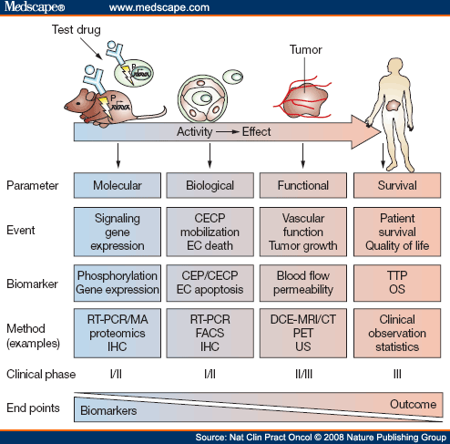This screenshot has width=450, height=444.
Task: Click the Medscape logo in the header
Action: [x=34, y=8]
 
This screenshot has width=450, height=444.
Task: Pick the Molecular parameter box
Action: [x=117, y=185]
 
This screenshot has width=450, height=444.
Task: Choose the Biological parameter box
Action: [x=210, y=185]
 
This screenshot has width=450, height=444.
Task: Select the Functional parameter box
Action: [x=302, y=185]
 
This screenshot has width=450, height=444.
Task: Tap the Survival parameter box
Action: [x=396, y=185]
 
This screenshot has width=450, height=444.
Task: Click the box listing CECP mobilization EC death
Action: [x=210, y=232]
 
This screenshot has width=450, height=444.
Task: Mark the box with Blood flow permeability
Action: [x=302, y=280]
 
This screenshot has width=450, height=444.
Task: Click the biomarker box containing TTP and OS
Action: [x=396, y=280]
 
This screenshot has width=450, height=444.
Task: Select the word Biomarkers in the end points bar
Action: [x=111, y=412]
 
